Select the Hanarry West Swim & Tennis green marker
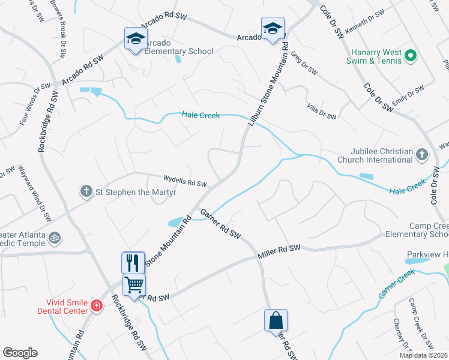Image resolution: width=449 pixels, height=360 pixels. coord(411,56)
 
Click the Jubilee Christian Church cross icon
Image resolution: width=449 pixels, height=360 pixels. coord(422,155)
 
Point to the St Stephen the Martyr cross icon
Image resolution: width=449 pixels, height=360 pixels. coord(86,191)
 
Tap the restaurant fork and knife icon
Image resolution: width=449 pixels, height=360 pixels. coord(133,263)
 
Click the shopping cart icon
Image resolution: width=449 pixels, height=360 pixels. coord(133,284)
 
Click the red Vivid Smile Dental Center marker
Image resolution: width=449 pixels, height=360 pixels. coord(95,307)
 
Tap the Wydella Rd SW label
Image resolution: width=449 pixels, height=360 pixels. coord(185,181)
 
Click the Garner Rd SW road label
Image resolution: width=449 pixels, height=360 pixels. coord(220,224)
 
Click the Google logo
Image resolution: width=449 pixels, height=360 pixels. coord(20,353)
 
